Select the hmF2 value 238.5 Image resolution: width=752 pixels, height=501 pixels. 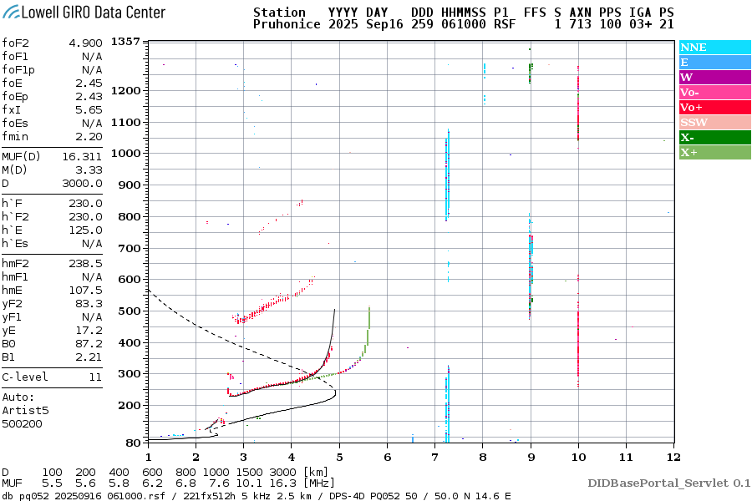click(x=86, y=263)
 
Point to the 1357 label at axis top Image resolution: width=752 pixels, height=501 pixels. click(x=126, y=42)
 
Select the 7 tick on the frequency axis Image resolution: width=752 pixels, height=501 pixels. click(x=434, y=457)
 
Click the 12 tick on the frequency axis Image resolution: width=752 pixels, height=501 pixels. click(x=673, y=457)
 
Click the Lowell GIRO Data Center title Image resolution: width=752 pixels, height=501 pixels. click(x=84, y=13)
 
